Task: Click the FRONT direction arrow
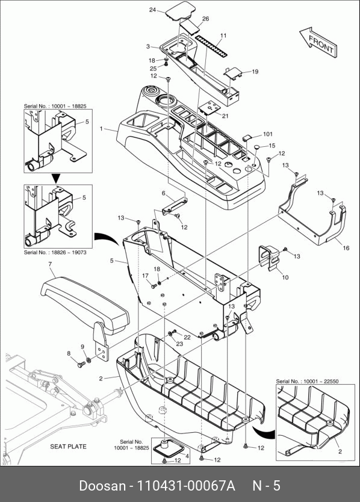coord(318,42)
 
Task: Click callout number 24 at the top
coord(152,10)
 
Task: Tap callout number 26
coord(206,19)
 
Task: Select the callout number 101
coord(268,134)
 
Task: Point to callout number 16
coord(346,248)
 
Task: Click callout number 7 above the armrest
coord(50,264)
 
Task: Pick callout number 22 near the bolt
coord(187,337)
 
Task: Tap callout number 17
coord(146,276)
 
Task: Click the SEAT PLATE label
coord(68,446)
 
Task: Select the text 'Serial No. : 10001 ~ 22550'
coord(307,381)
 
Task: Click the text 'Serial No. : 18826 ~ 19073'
coord(55,252)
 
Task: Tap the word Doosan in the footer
coord(102,486)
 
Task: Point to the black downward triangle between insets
coord(56,178)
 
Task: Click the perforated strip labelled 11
coord(211,46)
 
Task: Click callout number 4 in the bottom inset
coord(187,456)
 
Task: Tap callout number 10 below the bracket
coord(285,277)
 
